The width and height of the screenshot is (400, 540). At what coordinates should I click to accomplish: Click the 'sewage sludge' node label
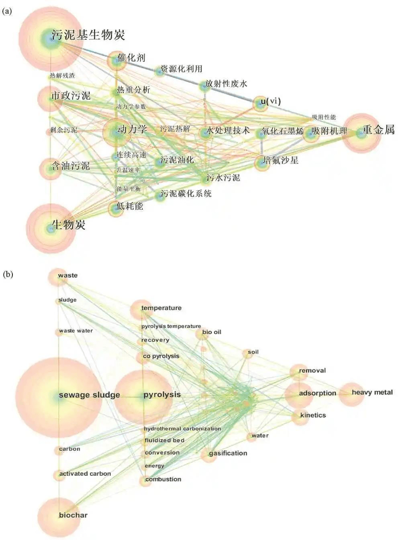pyautogui.click(x=89, y=395)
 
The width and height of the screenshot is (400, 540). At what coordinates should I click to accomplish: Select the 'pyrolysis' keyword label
pyautogui.click(x=162, y=395)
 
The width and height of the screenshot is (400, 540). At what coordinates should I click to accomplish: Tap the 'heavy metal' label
pyautogui.click(x=372, y=392)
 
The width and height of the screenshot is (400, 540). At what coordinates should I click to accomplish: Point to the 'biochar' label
pyautogui.click(x=73, y=515)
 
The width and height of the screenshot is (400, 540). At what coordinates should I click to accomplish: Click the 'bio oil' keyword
pyautogui.click(x=212, y=332)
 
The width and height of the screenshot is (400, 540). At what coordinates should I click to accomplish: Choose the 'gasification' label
pyautogui.click(x=228, y=453)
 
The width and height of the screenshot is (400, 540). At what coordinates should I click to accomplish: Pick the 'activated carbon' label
pyautogui.click(x=85, y=474)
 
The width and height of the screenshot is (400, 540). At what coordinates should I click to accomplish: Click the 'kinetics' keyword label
pyautogui.click(x=313, y=415)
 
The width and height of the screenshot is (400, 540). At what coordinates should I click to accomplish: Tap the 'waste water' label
pyautogui.click(x=76, y=331)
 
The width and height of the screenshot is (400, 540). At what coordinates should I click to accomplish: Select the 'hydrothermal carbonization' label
pyautogui.click(x=182, y=429)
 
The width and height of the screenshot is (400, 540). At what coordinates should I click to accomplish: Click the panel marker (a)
pyautogui.click(x=7, y=11)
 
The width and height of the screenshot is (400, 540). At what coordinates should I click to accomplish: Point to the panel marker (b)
pyautogui.click(x=8, y=275)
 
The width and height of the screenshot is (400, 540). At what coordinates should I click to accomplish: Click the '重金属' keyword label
pyautogui.click(x=378, y=130)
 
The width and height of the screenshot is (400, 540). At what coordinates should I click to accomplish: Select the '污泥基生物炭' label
pyautogui.click(x=88, y=35)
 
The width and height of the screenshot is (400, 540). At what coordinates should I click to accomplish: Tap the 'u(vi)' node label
pyautogui.click(x=271, y=101)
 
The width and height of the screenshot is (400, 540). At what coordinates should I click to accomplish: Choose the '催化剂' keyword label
pyautogui.click(x=131, y=57)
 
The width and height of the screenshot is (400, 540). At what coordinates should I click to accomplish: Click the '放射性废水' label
pyautogui.click(x=226, y=84)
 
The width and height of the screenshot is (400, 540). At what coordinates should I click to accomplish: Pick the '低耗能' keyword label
pyautogui.click(x=129, y=206)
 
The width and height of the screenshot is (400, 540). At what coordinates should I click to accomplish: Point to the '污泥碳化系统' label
pyautogui.click(x=186, y=194)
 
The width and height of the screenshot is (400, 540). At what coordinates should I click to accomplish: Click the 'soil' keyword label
pyautogui.click(x=253, y=352)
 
